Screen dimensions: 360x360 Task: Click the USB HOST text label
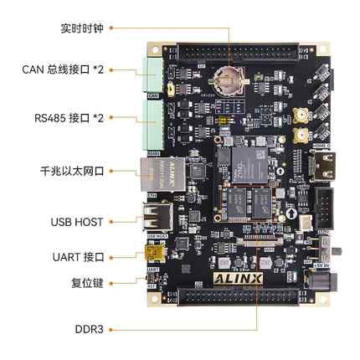tap(77, 222)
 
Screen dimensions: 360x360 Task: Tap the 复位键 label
tap(87, 282)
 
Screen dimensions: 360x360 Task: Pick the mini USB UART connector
tap(154, 252)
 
